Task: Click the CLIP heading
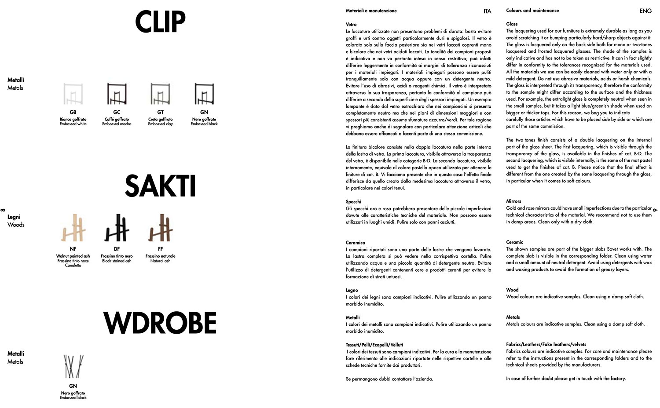(x=160, y=22)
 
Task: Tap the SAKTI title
(x=160, y=186)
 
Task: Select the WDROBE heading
(x=160, y=323)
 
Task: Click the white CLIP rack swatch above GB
(x=73, y=94)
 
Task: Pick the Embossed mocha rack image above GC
(x=117, y=94)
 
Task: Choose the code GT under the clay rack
(x=160, y=113)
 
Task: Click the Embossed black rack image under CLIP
(x=204, y=94)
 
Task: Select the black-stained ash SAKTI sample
(x=117, y=228)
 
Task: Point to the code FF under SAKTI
(x=160, y=249)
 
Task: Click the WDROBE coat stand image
(x=73, y=367)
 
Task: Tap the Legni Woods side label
(x=15, y=221)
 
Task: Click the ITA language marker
(x=487, y=11)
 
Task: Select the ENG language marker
(x=645, y=11)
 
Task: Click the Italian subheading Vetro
(x=351, y=25)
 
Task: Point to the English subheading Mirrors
(x=513, y=201)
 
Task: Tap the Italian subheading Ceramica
(x=356, y=243)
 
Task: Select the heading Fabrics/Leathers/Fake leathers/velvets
(x=546, y=344)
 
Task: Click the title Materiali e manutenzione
(x=371, y=11)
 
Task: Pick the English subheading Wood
(x=512, y=290)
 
